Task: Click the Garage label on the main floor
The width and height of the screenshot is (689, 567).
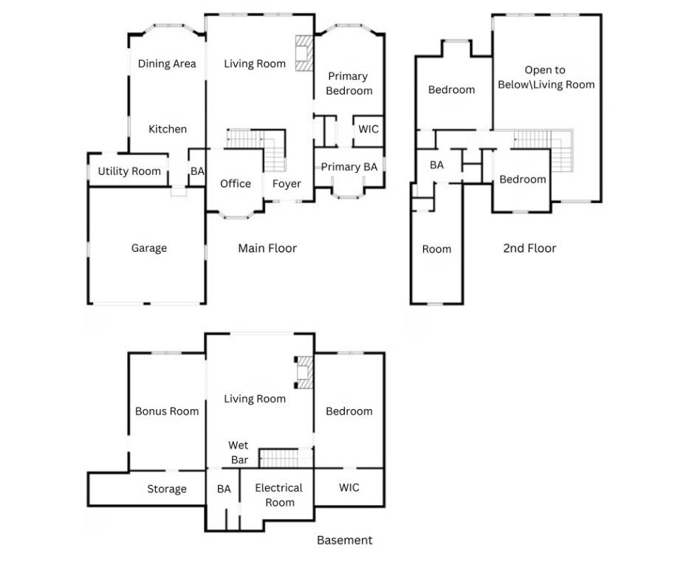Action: [x=149, y=249]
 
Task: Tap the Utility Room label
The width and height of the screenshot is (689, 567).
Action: [x=129, y=171]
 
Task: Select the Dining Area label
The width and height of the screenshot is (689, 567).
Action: [x=167, y=64]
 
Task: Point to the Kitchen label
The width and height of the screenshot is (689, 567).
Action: [x=168, y=129]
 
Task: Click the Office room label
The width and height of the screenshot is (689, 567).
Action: [x=236, y=184]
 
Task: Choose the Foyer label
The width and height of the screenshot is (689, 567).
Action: [x=287, y=184]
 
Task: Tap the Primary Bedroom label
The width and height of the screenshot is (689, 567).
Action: [x=349, y=83]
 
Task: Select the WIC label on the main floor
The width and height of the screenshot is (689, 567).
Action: [x=369, y=129]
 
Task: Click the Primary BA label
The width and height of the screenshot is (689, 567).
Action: [x=349, y=168]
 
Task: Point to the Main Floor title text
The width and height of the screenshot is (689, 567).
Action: [x=267, y=249]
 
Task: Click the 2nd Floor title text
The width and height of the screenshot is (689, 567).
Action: [x=529, y=249]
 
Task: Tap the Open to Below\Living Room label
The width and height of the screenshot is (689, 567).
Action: [x=545, y=78]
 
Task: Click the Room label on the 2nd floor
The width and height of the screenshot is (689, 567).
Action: [x=436, y=250]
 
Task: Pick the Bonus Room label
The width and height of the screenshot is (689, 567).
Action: [x=167, y=411]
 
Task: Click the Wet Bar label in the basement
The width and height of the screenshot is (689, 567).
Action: [x=238, y=453]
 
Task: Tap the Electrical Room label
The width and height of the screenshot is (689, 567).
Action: [x=279, y=495]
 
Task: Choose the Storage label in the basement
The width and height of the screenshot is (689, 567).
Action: [x=167, y=489]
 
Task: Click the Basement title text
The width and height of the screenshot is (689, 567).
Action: [x=345, y=540]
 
